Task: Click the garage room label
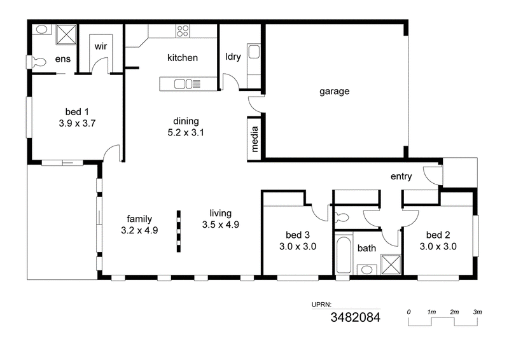click(335, 91)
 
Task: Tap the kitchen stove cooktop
click(183, 31)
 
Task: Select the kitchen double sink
click(183, 84)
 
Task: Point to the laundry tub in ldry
click(254, 52)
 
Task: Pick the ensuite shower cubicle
click(66, 34)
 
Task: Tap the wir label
click(101, 46)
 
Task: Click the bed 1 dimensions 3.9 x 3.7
click(77, 123)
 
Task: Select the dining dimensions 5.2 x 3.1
click(186, 132)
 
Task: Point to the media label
click(254, 139)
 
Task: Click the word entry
click(401, 177)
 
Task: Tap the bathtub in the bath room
click(344, 255)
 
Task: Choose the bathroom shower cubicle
click(391, 265)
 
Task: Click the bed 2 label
click(438, 235)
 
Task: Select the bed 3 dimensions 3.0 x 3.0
click(298, 247)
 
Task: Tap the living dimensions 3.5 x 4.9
click(221, 225)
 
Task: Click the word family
click(139, 219)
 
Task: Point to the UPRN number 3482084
click(356, 317)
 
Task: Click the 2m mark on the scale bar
click(454, 312)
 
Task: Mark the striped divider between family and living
click(179, 231)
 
